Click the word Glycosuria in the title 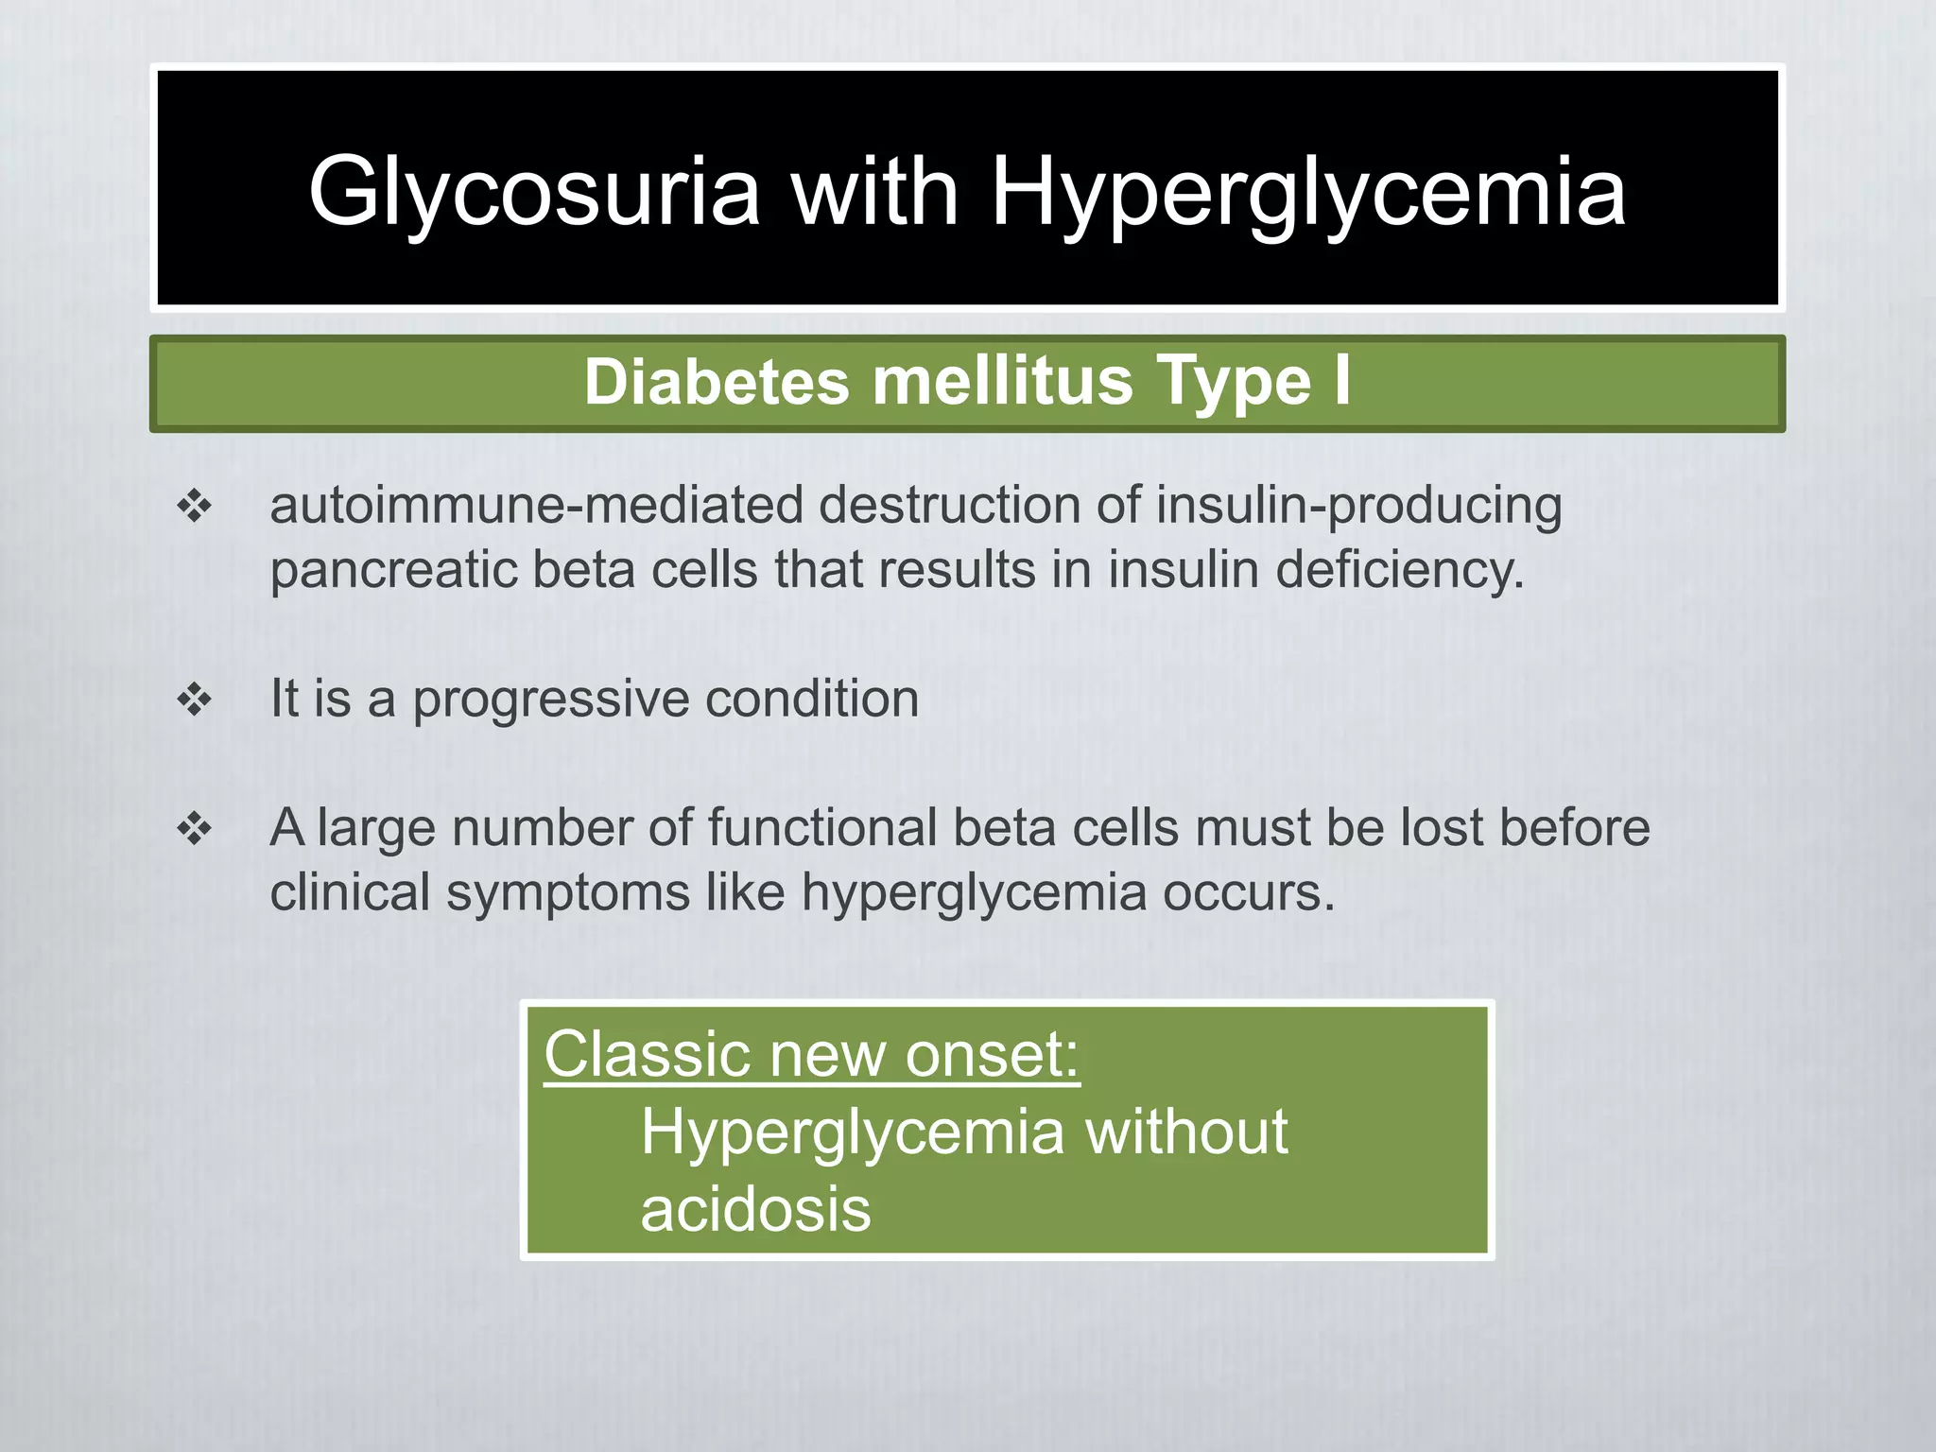pos(534,193)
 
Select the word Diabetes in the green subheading pos(717,382)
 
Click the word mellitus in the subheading pos(1002,382)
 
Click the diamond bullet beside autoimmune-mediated pos(195,507)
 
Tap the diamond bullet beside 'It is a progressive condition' pos(195,700)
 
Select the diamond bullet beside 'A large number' pos(195,829)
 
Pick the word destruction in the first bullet pos(949,505)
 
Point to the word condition pos(812,699)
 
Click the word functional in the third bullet pos(821,828)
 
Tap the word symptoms pos(568,892)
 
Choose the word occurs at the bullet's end pos(1248,892)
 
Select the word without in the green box pos(1186,1132)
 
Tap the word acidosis pos(755,1209)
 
